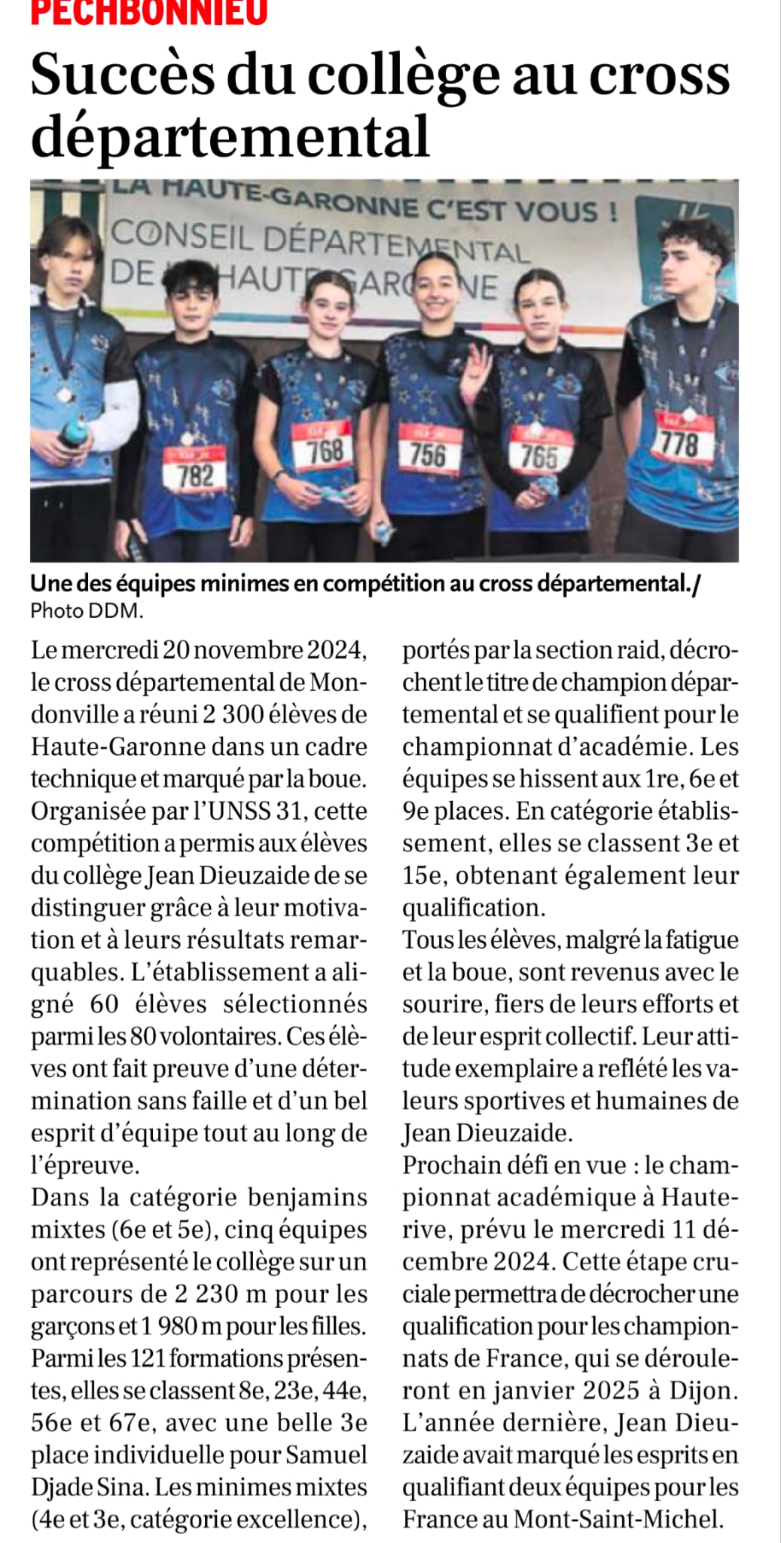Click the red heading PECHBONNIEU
(149, 12)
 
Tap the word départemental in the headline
(230, 136)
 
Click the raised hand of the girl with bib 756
(475, 367)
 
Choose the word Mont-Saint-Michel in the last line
(618, 1519)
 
